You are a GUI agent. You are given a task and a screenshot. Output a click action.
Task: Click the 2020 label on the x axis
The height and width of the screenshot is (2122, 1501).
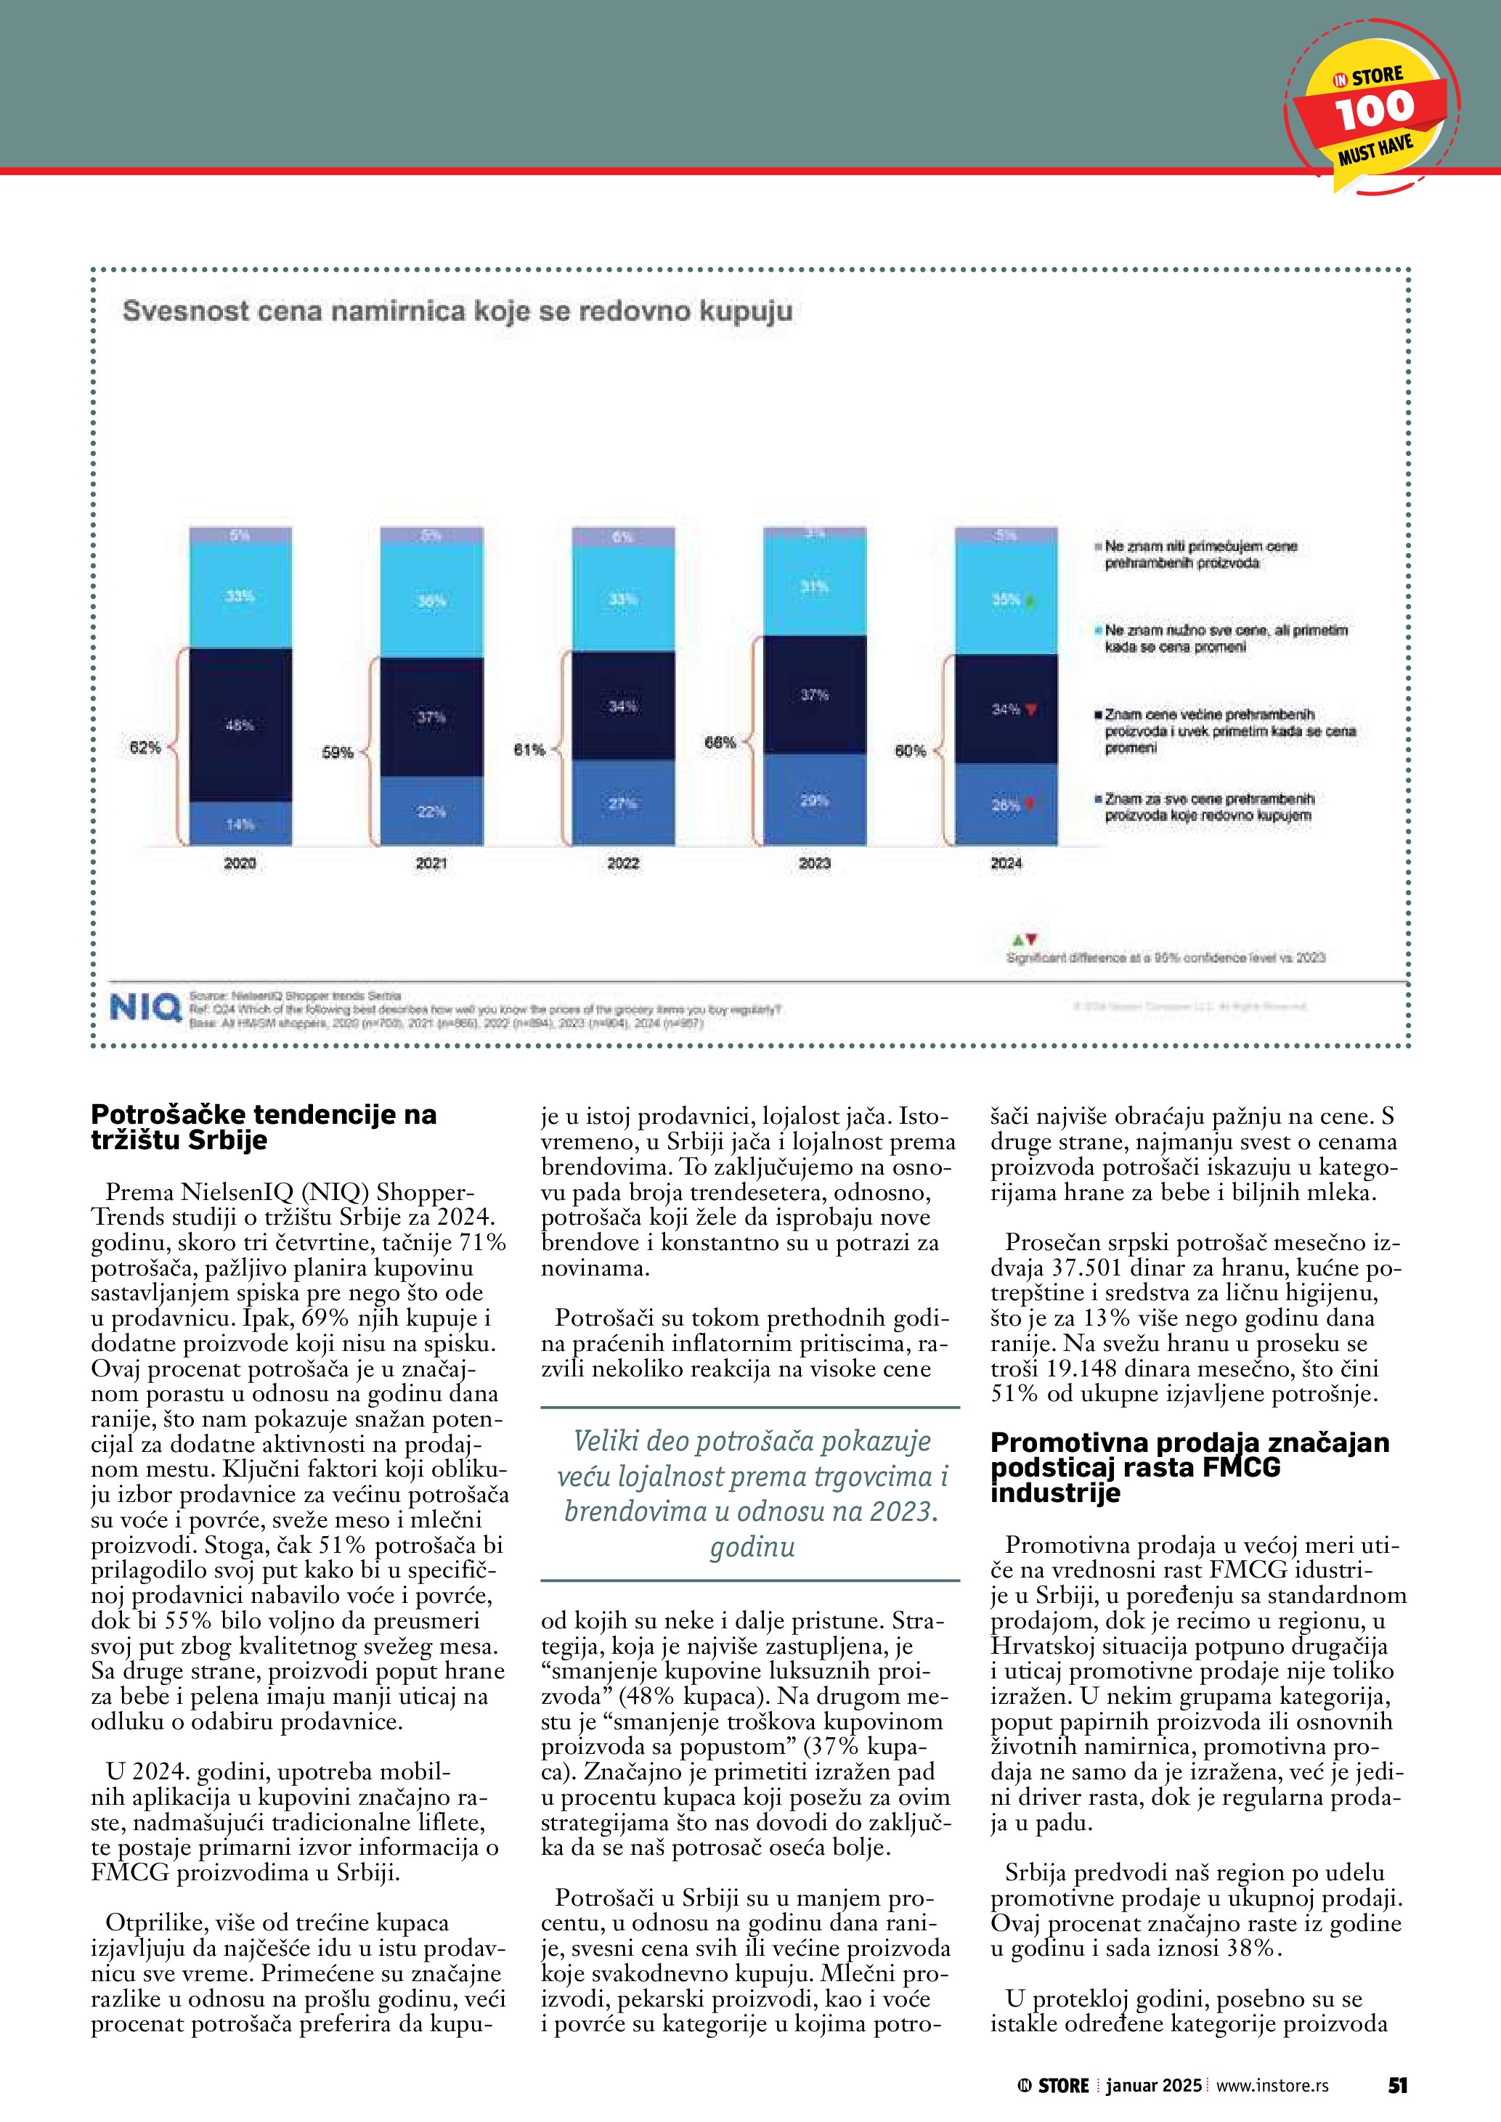pos(240,863)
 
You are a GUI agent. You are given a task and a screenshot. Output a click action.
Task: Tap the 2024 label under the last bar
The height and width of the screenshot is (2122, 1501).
pos(1006,863)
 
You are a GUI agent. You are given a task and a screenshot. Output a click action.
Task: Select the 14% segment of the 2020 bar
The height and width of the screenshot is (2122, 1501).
pos(240,823)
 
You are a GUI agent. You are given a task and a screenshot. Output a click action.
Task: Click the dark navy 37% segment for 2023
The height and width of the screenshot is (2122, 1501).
pos(814,695)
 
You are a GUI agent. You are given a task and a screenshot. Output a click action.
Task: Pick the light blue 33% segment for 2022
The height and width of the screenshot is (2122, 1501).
pos(623,599)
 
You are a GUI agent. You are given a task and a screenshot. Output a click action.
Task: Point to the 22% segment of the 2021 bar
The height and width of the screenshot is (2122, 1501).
pos(431,812)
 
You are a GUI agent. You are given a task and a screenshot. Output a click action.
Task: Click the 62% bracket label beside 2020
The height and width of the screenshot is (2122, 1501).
pos(145,748)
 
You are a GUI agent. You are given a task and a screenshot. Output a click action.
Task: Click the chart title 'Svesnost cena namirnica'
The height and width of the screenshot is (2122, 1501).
pos(457,311)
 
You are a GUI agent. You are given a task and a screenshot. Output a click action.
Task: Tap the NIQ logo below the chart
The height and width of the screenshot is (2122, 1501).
pos(145,1008)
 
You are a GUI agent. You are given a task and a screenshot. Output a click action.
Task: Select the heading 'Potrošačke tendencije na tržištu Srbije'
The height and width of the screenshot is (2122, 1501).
pos(264,1127)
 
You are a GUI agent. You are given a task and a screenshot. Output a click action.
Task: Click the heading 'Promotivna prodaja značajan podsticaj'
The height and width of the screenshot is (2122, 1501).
pos(1189,1468)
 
